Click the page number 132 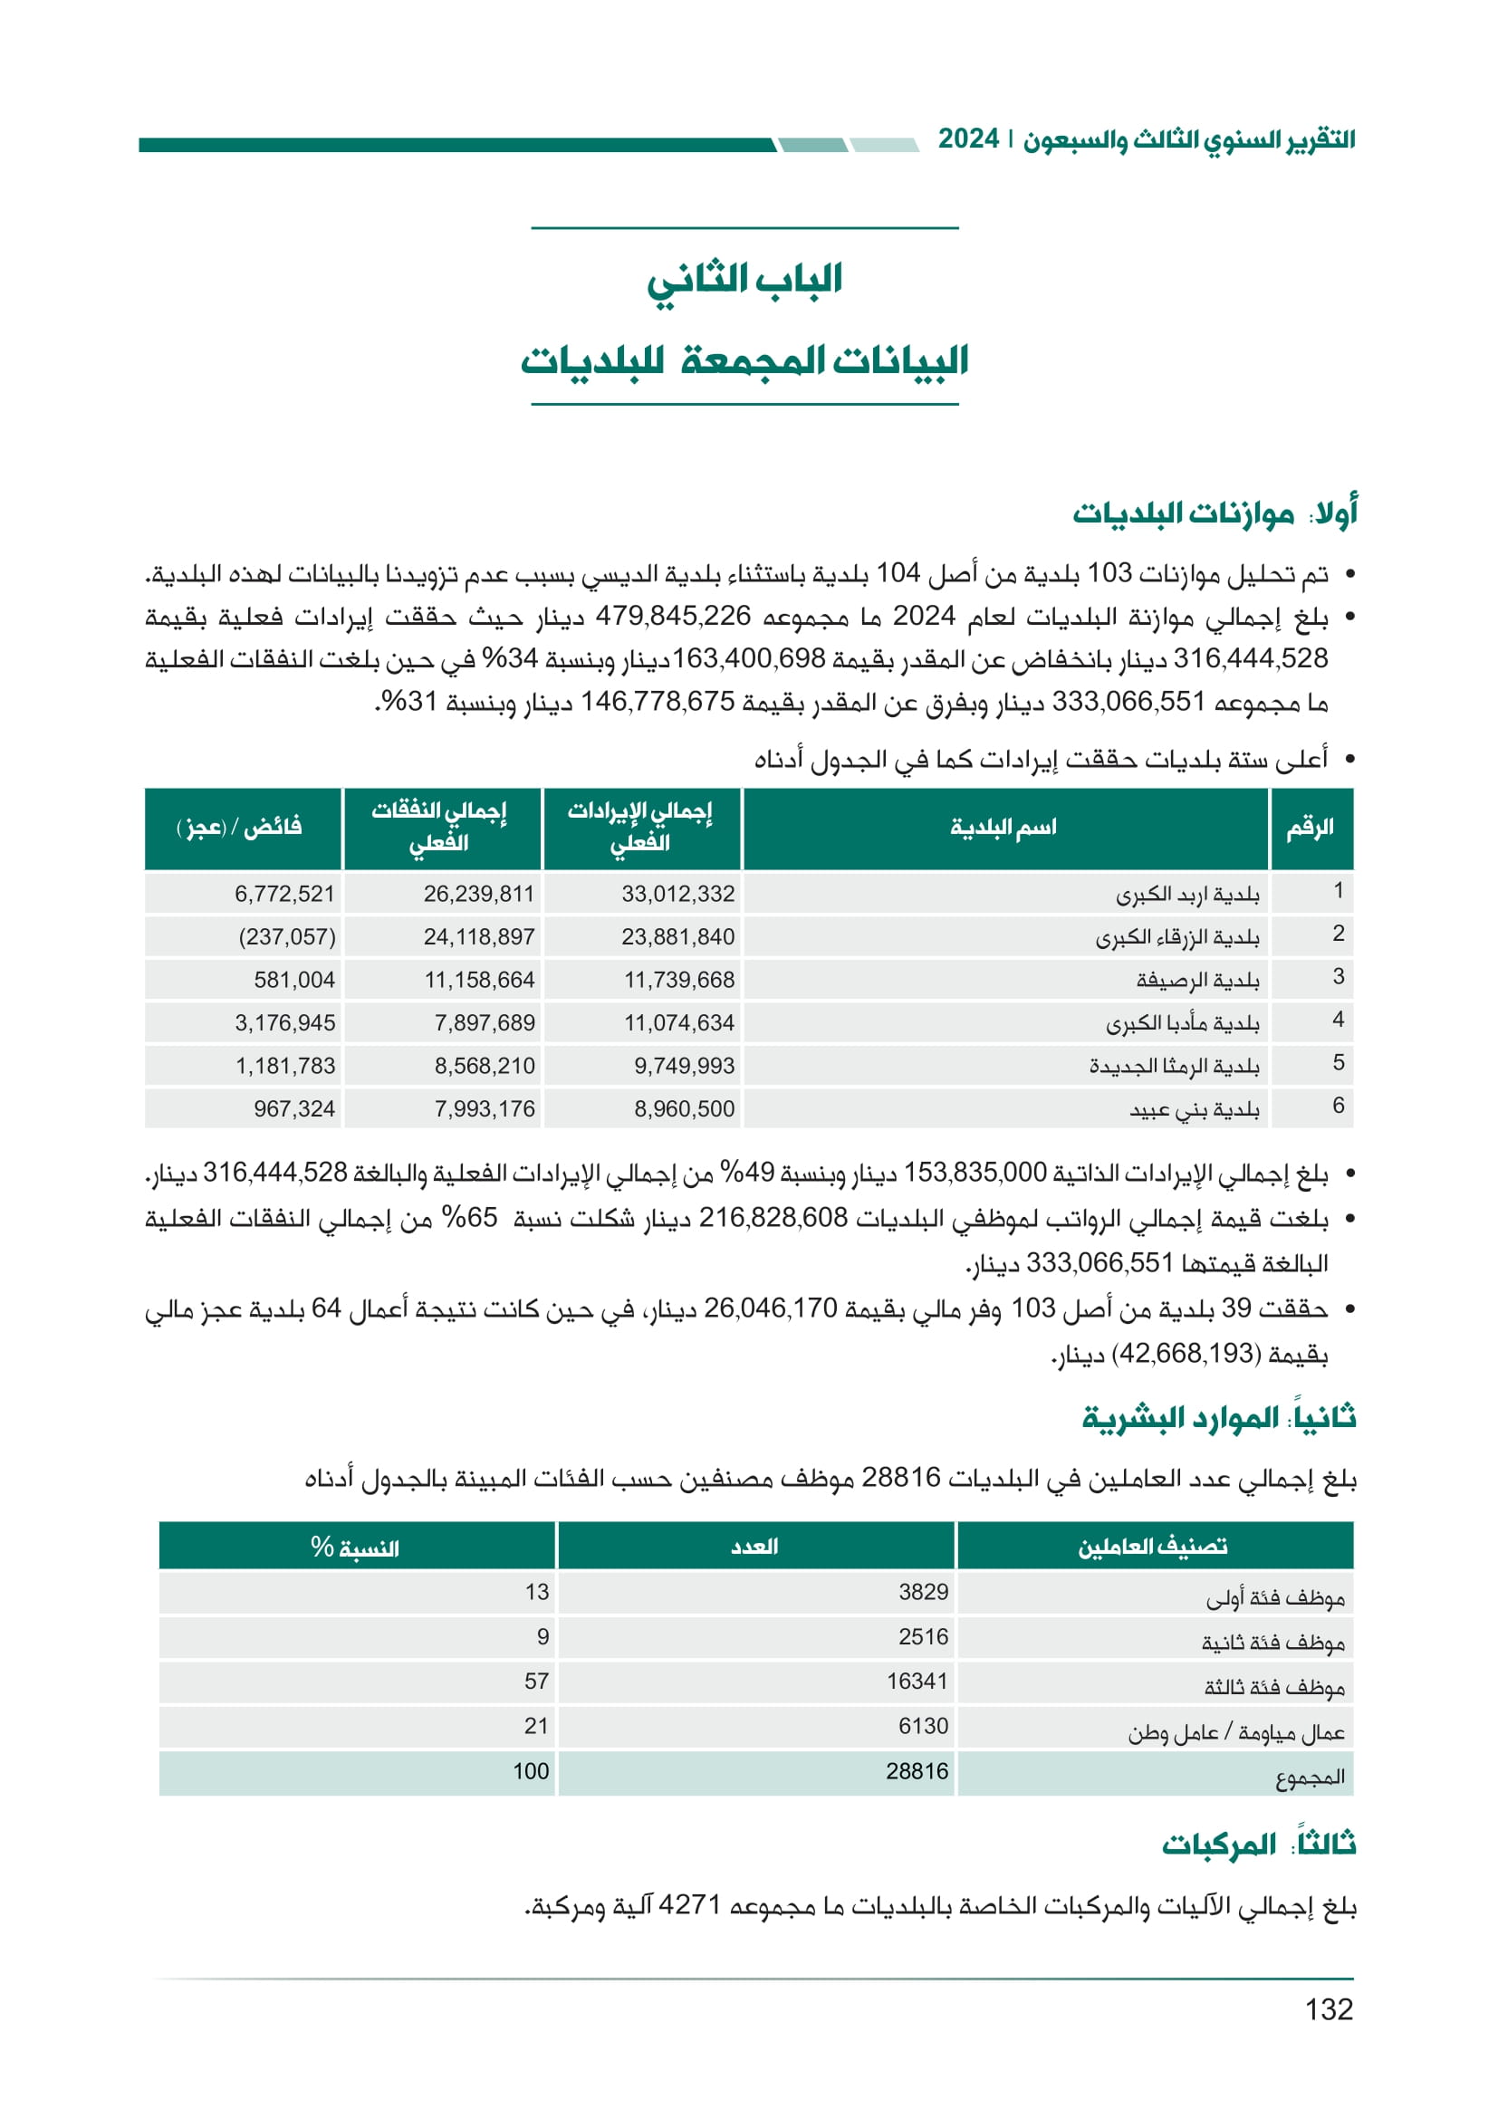click(x=1329, y=2008)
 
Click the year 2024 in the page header click(x=968, y=139)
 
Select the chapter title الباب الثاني click(x=744, y=280)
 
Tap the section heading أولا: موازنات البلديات click(x=1214, y=513)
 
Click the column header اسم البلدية click(x=1003, y=827)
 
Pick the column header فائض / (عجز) click(x=240, y=827)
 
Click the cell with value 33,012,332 click(x=678, y=894)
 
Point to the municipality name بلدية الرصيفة click(x=1197, y=980)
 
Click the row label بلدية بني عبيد click(x=1195, y=1109)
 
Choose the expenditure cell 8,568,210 click(x=485, y=1067)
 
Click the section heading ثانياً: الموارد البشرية click(x=1218, y=1418)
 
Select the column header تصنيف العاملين click(x=1153, y=1547)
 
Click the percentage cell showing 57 click(x=537, y=1682)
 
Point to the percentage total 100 click(x=531, y=1771)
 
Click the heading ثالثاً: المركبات click(x=1258, y=1845)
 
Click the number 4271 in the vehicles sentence click(x=689, y=1906)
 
